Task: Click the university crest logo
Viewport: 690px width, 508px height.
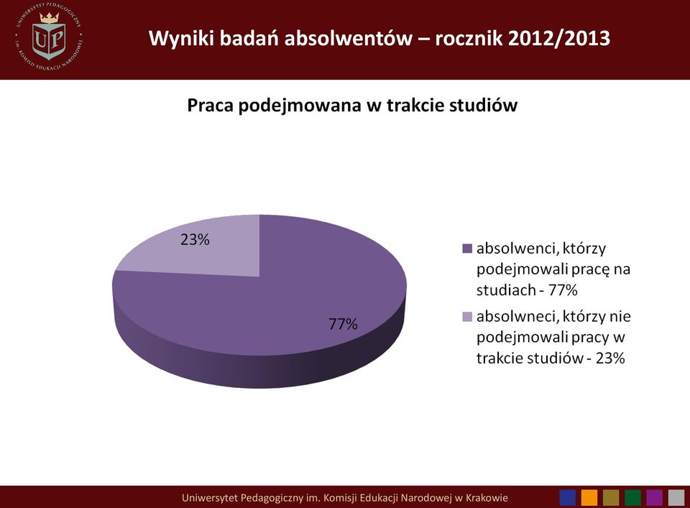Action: pyautogui.click(x=49, y=37)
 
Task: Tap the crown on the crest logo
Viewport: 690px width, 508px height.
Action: pyautogui.click(x=49, y=17)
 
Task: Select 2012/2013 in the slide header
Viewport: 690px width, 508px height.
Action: pyautogui.click(x=559, y=38)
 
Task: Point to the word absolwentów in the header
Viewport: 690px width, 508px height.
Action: pyautogui.click(x=348, y=38)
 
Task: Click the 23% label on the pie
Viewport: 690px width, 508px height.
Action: pyautogui.click(x=195, y=240)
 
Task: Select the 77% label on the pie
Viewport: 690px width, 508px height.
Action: pyautogui.click(x=344, y=324)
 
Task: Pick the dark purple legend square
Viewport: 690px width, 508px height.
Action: pyautogui.click(x=467, y=249)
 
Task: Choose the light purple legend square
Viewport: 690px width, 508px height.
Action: pyautogui.click(x=467, y=316)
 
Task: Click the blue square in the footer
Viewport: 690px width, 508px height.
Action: pyautogui.click(x=568, y=498)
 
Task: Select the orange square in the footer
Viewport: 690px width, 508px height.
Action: pyautogui.click(x=589, y=498)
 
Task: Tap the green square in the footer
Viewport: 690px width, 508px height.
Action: pyautogui.click(x=632, y=498)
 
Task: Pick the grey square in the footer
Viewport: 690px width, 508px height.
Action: pyautogui.click(x=676, y=498)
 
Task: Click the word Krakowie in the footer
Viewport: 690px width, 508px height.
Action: pyautogui.click(x=487, y=498)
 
